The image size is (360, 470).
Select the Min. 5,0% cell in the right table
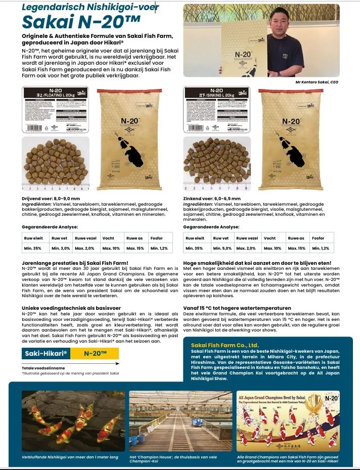point(221,248)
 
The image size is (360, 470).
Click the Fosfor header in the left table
point(157,238)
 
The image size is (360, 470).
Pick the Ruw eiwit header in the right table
point(194,238)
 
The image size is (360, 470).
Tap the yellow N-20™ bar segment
point(95,353)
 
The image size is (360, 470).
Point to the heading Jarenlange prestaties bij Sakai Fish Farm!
point(75,263)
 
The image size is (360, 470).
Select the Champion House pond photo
point(179,421)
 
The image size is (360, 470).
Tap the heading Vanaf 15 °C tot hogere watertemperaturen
point(237,308)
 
